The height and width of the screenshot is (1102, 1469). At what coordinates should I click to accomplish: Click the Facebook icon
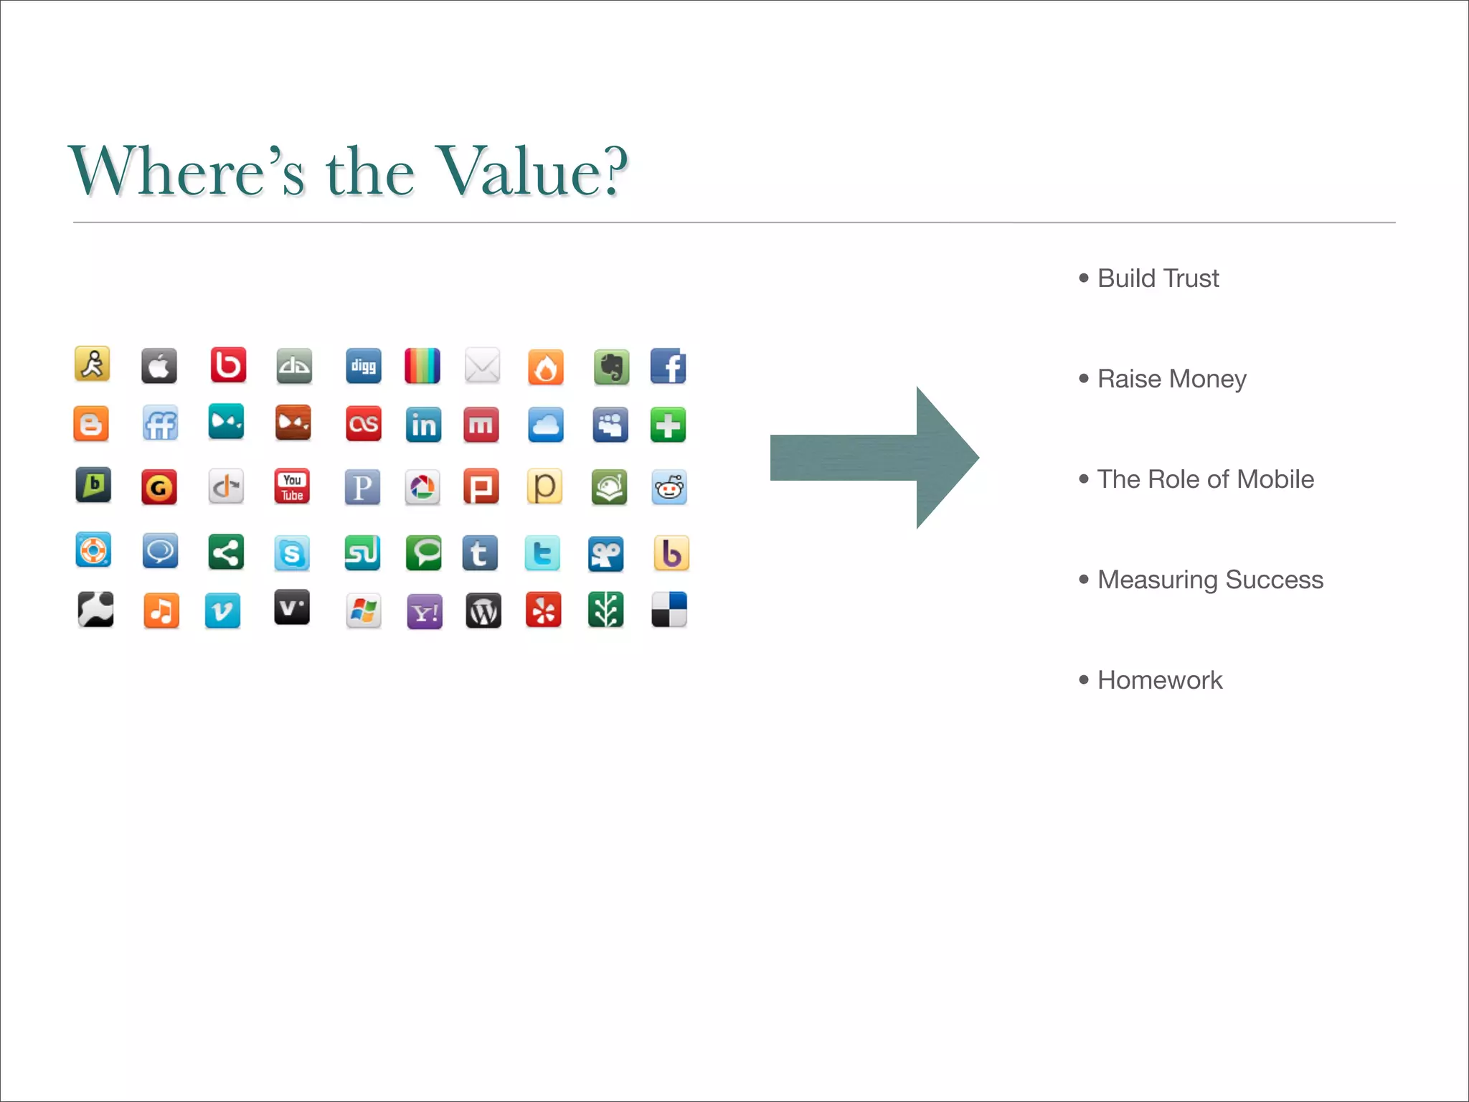[668, 367]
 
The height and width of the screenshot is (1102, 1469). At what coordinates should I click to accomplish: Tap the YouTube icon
[292, 487]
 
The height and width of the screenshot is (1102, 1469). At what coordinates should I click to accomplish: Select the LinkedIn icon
[423, 425]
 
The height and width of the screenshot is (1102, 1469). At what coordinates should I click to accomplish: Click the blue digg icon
[363, 367]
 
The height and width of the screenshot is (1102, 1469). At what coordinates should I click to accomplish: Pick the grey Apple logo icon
[159, 367]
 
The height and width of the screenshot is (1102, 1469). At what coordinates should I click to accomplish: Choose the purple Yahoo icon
[425, 612]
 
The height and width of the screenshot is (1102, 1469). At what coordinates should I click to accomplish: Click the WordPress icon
[483, 611]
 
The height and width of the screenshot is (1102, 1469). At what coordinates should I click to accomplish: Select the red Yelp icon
[544, 611]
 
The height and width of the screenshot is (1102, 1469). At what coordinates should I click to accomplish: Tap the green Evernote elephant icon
[611, 367]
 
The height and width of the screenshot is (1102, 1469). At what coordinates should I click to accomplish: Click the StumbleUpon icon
[362, 553]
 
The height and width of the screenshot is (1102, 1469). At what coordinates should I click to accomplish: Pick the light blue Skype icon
[292, 553]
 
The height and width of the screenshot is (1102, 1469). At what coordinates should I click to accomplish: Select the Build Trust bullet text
[1158, 278]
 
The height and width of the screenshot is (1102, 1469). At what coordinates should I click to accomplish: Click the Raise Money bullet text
[1171, 379]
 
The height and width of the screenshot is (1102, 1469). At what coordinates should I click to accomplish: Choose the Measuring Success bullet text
[1210, 580]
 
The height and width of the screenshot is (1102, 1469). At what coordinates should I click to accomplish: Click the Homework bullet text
[1160, 680]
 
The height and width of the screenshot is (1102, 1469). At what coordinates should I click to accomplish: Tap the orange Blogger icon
[91, 424]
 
